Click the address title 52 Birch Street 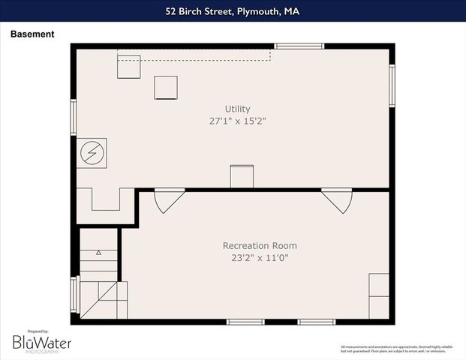tap(233, 10)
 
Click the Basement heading tap(32, 34)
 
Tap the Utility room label tap(238, 109)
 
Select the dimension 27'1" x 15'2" tap(238, 121)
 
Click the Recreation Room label tap(260, 245)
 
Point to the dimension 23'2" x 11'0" tap(260, 257)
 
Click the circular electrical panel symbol tap(93, 153)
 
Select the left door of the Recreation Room tap(168, 200)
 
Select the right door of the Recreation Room tap(337, 200)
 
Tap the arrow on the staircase tap(98, 254)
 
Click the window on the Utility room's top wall tap(299, 46)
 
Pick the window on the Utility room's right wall tap(392, 85)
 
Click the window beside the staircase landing tap(74, 294)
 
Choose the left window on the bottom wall tap(245, 322)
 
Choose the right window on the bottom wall tap(316, 322)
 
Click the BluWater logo tap(41, 342)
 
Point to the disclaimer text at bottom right tap(397, 349)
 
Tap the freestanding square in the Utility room tap(166, 88)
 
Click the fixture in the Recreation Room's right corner tap(379, 295)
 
